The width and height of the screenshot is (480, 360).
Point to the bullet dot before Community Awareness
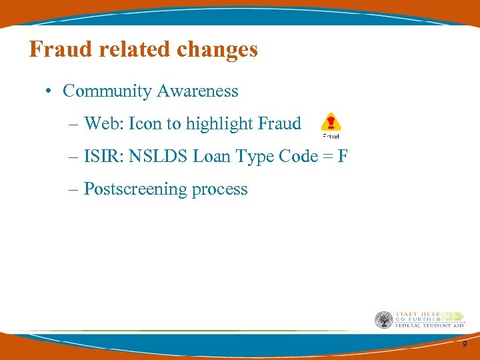51,91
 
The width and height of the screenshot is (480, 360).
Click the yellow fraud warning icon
331,123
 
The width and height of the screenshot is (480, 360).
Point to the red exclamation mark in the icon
331,122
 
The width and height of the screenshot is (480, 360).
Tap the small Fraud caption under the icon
331,136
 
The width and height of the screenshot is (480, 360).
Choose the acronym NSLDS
159,157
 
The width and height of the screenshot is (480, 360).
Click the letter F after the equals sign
343,157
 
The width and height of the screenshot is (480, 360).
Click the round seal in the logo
383,319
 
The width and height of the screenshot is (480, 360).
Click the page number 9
465,344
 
